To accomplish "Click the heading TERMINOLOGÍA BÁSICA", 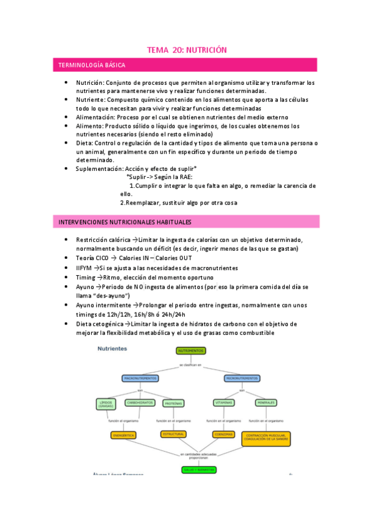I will (x=91, y=65).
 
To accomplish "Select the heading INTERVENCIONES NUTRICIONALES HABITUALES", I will (x=124, y=222).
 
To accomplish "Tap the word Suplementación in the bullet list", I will (x=99, y=168).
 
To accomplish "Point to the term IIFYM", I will (x=84, y=268).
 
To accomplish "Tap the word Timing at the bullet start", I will (x=86, y=278).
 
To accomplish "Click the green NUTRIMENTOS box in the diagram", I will (x=192, y=352).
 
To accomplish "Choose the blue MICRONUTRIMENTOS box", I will (x=242, y=378).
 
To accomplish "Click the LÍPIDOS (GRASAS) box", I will (x=106, y=404).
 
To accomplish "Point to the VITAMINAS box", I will (x=224, y=404).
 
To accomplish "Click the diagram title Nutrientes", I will (x=112, y=349).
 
